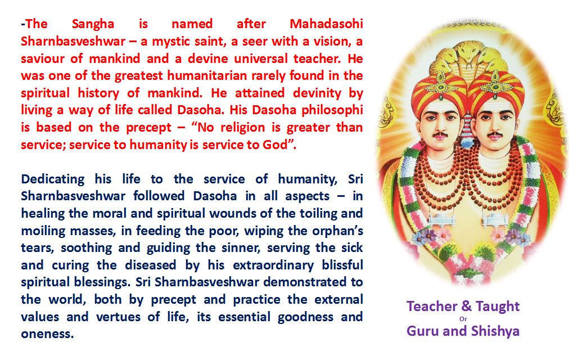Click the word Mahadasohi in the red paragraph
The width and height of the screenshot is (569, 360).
pos(326,24)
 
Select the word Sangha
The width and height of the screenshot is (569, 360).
pos(93,25)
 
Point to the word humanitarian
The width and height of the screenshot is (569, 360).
pos(207,76)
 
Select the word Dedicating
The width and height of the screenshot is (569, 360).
pos(53,179)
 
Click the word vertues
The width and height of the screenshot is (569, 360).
pos(118,317)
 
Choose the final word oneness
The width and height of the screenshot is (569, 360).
pos(47,334)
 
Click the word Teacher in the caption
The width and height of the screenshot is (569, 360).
pos(432,307)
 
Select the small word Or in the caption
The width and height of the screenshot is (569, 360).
pos(463,319)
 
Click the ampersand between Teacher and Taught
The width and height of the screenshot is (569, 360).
pos(466,307)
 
